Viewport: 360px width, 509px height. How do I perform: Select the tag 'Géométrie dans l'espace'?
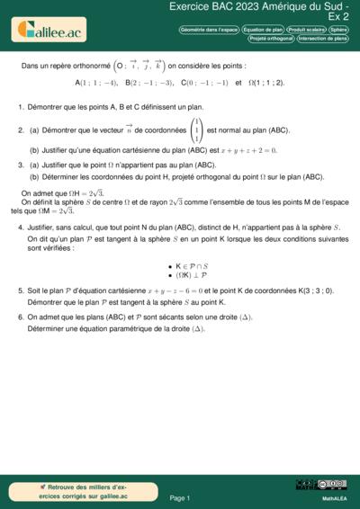coord(210,30)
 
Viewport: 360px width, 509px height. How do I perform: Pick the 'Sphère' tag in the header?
coord(338,30)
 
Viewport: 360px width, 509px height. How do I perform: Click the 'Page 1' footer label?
coord(180,496)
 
